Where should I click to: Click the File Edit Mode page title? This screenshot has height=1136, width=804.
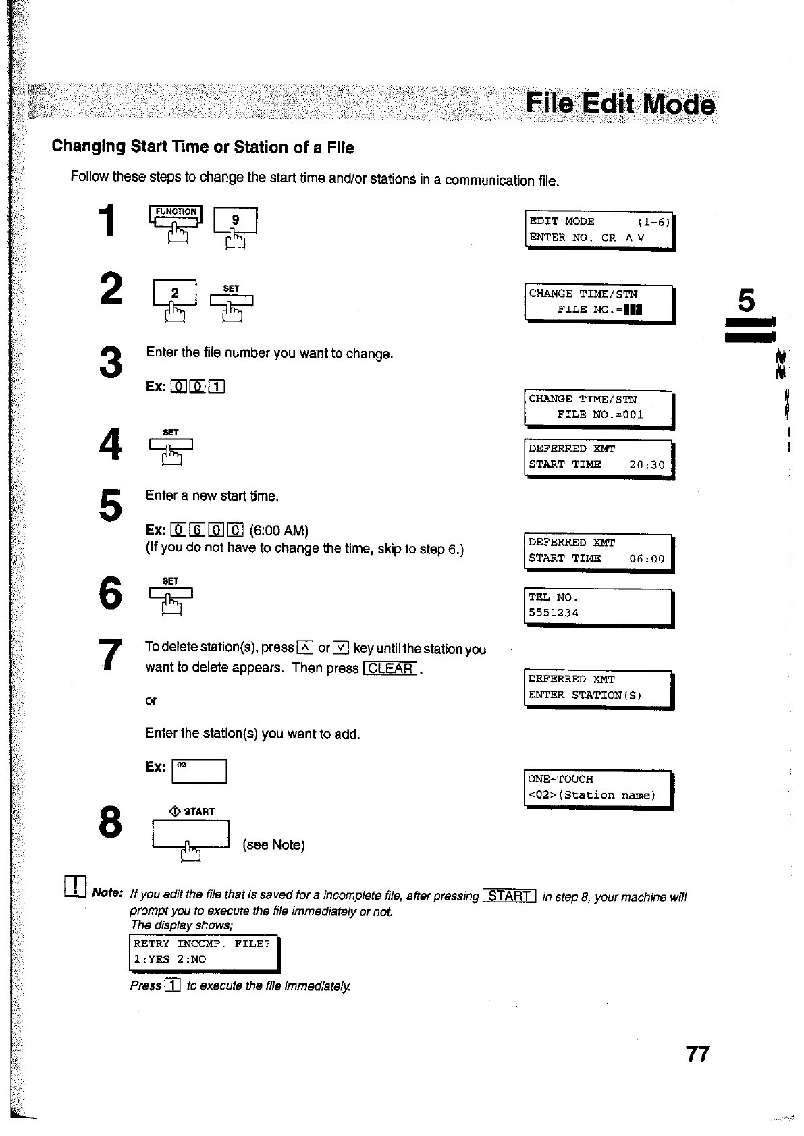[x=620, y=104]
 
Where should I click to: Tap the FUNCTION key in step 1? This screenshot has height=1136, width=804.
[x=176, y=215]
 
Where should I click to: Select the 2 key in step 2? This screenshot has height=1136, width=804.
[x=175, y=293]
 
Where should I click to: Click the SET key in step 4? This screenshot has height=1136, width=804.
[x=171, y=443]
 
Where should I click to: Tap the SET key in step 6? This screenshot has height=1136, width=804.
[x=171, y=593]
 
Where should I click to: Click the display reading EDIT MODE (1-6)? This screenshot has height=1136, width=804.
[x=599, y=229]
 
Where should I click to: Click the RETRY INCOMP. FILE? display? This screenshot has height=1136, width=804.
[x=203, y=952]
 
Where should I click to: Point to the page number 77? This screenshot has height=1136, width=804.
[x=697, y=1054]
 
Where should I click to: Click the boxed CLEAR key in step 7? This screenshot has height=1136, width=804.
[x=392, y=668]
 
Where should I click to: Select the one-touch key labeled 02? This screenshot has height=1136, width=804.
[x=199, y=771]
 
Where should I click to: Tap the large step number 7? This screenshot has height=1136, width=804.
[x=110, y=655]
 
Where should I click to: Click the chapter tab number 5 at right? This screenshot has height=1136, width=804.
[x=746, y=301]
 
